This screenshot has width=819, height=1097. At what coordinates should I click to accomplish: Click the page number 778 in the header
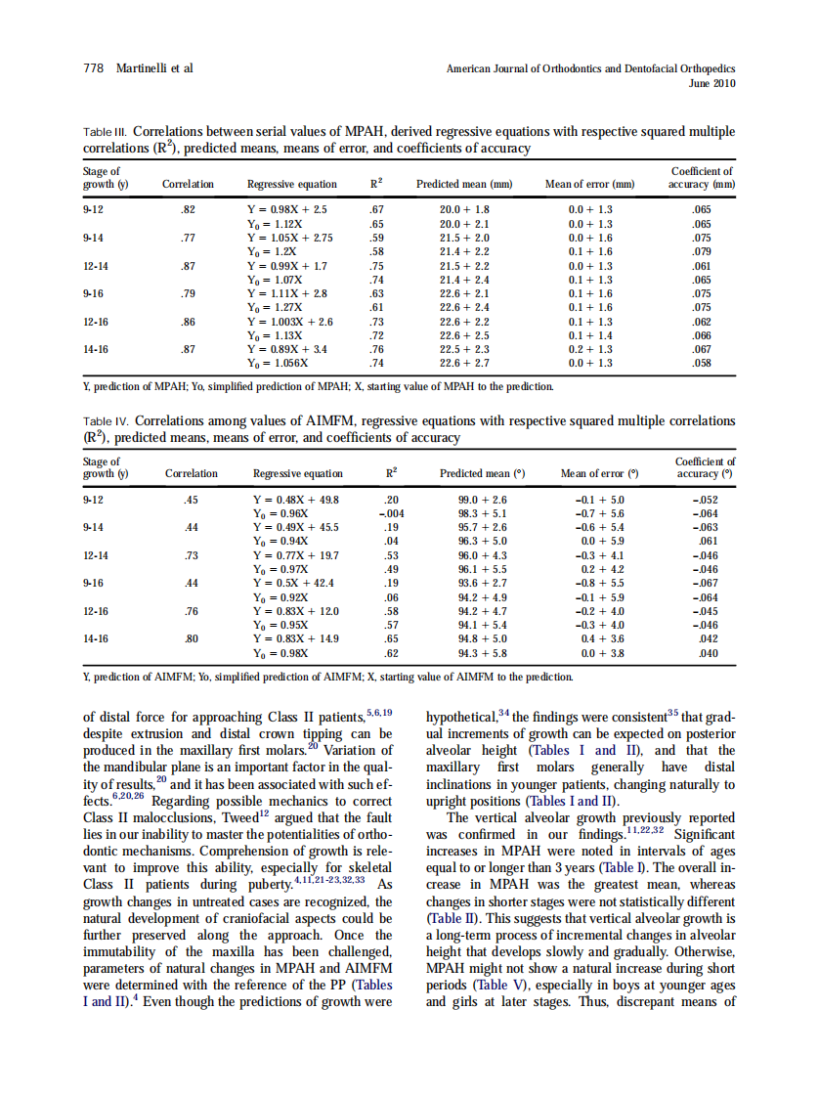pos(91,68)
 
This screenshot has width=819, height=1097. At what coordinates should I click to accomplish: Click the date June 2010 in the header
pos(711,84)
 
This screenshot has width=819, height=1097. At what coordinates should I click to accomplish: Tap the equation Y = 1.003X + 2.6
pos(292,322)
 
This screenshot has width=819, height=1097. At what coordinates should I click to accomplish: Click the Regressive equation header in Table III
pos(291,184)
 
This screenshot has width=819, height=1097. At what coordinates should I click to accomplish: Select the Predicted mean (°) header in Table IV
pos(482,473)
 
